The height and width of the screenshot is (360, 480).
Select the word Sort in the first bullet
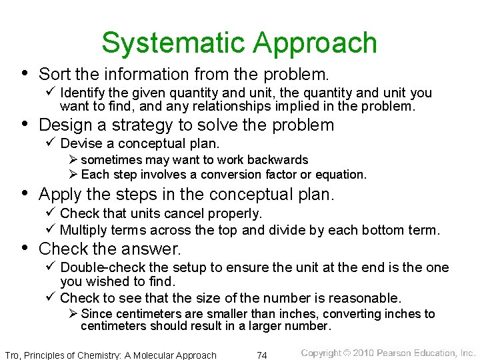point(53,73)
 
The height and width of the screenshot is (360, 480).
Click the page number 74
point(263,355)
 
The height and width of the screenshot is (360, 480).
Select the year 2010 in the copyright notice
point(363,353)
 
